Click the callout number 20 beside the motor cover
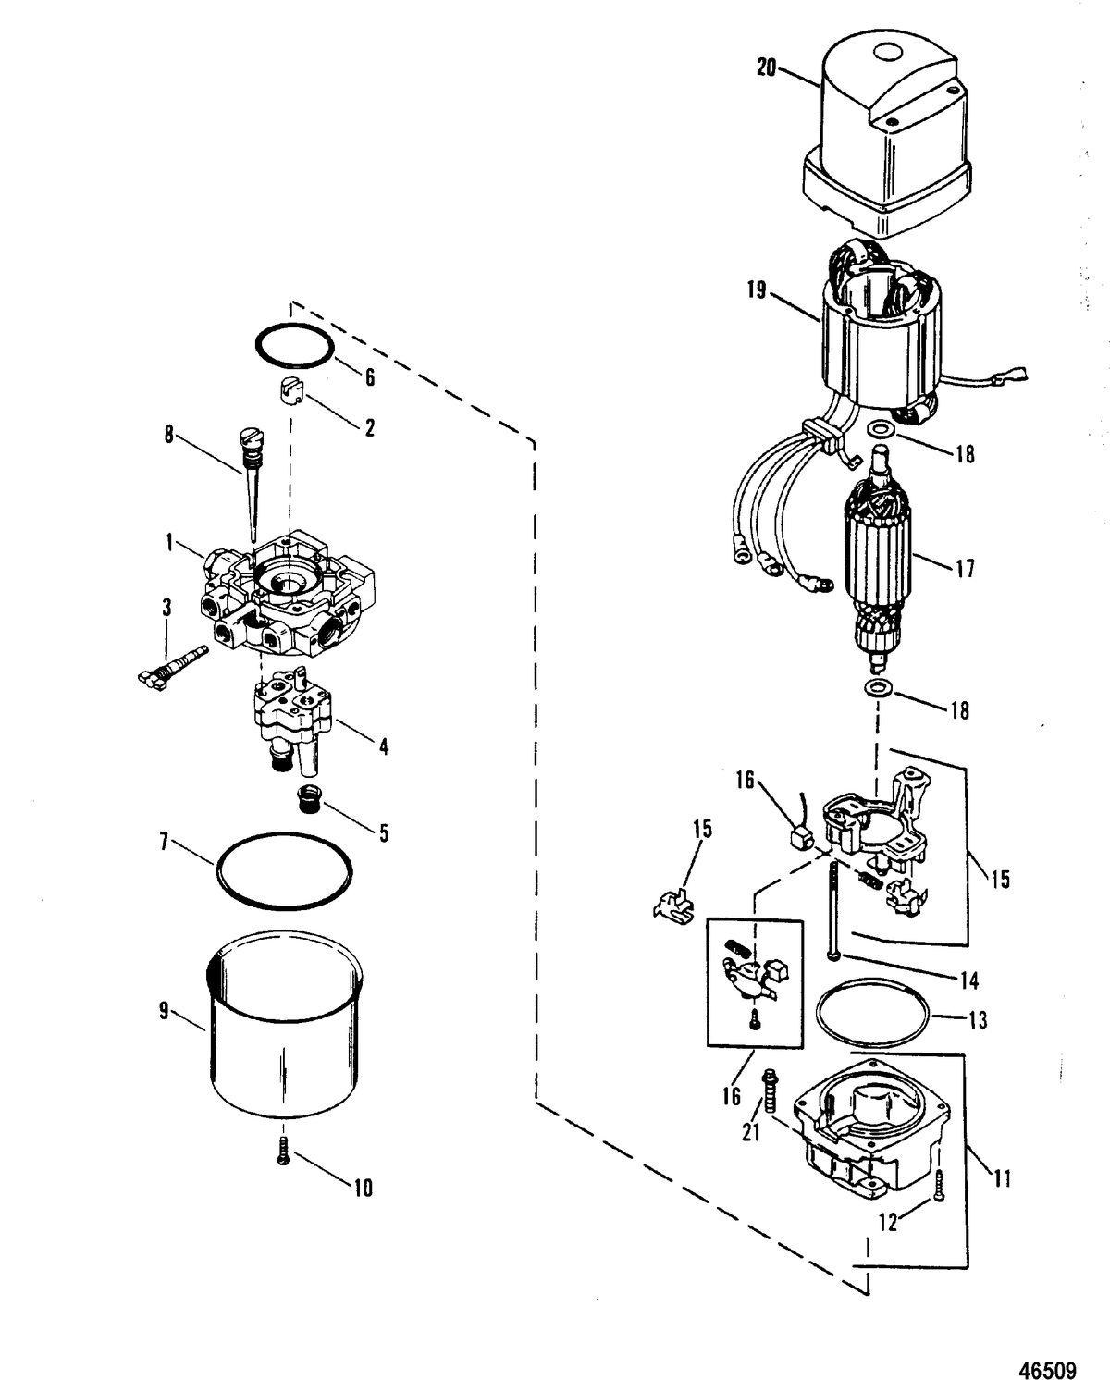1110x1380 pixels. (x=766, y=68)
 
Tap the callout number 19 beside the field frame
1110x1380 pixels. (x=757, y=290)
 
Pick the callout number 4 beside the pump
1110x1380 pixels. (x=384, y=745)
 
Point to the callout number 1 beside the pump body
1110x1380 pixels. (x=169, y=543)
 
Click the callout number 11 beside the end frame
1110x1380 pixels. (x=1002, y=1178)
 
